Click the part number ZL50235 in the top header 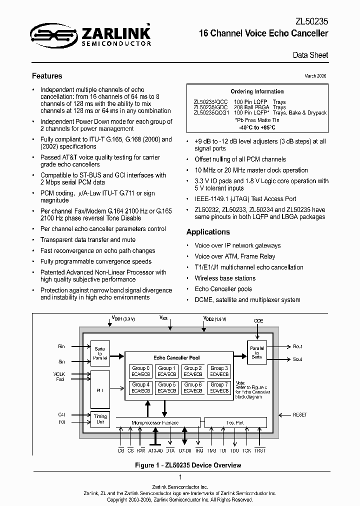(x=312, y=22)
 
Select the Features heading (x=47, y=76)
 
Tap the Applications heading (x=208, y=232)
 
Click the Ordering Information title (x=257, y=91)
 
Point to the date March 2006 (x=316, y=76)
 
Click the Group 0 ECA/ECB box (x=140, y=371)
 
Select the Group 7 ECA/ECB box (x=219, y=387)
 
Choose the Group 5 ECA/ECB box (x=166, y=387)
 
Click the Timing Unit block (x=100, y=418)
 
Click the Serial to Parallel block (x=100, y=352)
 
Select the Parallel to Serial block (x=256, y=352)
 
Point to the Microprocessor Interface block (x=154, y=422)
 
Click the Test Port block (x=234, y=422)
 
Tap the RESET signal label (x=300, y=415)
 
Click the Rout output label (x=297, y=346)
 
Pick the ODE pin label (x=258, y=321)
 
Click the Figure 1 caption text (x=180, y=465)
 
